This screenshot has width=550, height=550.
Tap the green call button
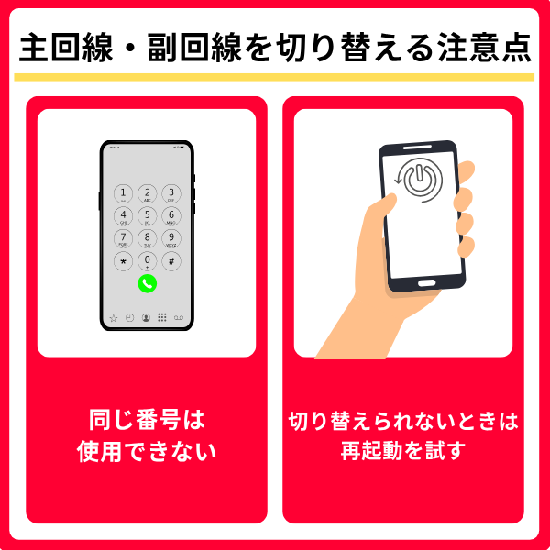click(148, 283)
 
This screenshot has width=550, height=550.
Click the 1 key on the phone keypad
click(123, 193)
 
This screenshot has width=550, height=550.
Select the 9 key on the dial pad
click(171, 238)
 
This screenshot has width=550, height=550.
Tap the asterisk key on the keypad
click(123, 261)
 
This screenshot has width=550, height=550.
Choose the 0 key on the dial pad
click(148, 261)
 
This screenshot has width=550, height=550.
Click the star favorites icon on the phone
click(114, 318)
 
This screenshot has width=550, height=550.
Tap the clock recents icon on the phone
click(130, 317)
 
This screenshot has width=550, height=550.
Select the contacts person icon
click(146, 317)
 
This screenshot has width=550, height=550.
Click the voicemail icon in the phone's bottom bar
click(179, 318)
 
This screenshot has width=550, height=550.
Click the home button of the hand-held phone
click(426, 282)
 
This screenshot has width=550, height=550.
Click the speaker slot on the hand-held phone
click(417, 148)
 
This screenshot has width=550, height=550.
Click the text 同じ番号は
click(147, 420)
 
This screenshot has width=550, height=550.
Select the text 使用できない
click(147, 451)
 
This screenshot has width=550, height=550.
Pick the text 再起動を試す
click(403, 450)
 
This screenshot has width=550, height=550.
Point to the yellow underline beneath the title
click(274, 77)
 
